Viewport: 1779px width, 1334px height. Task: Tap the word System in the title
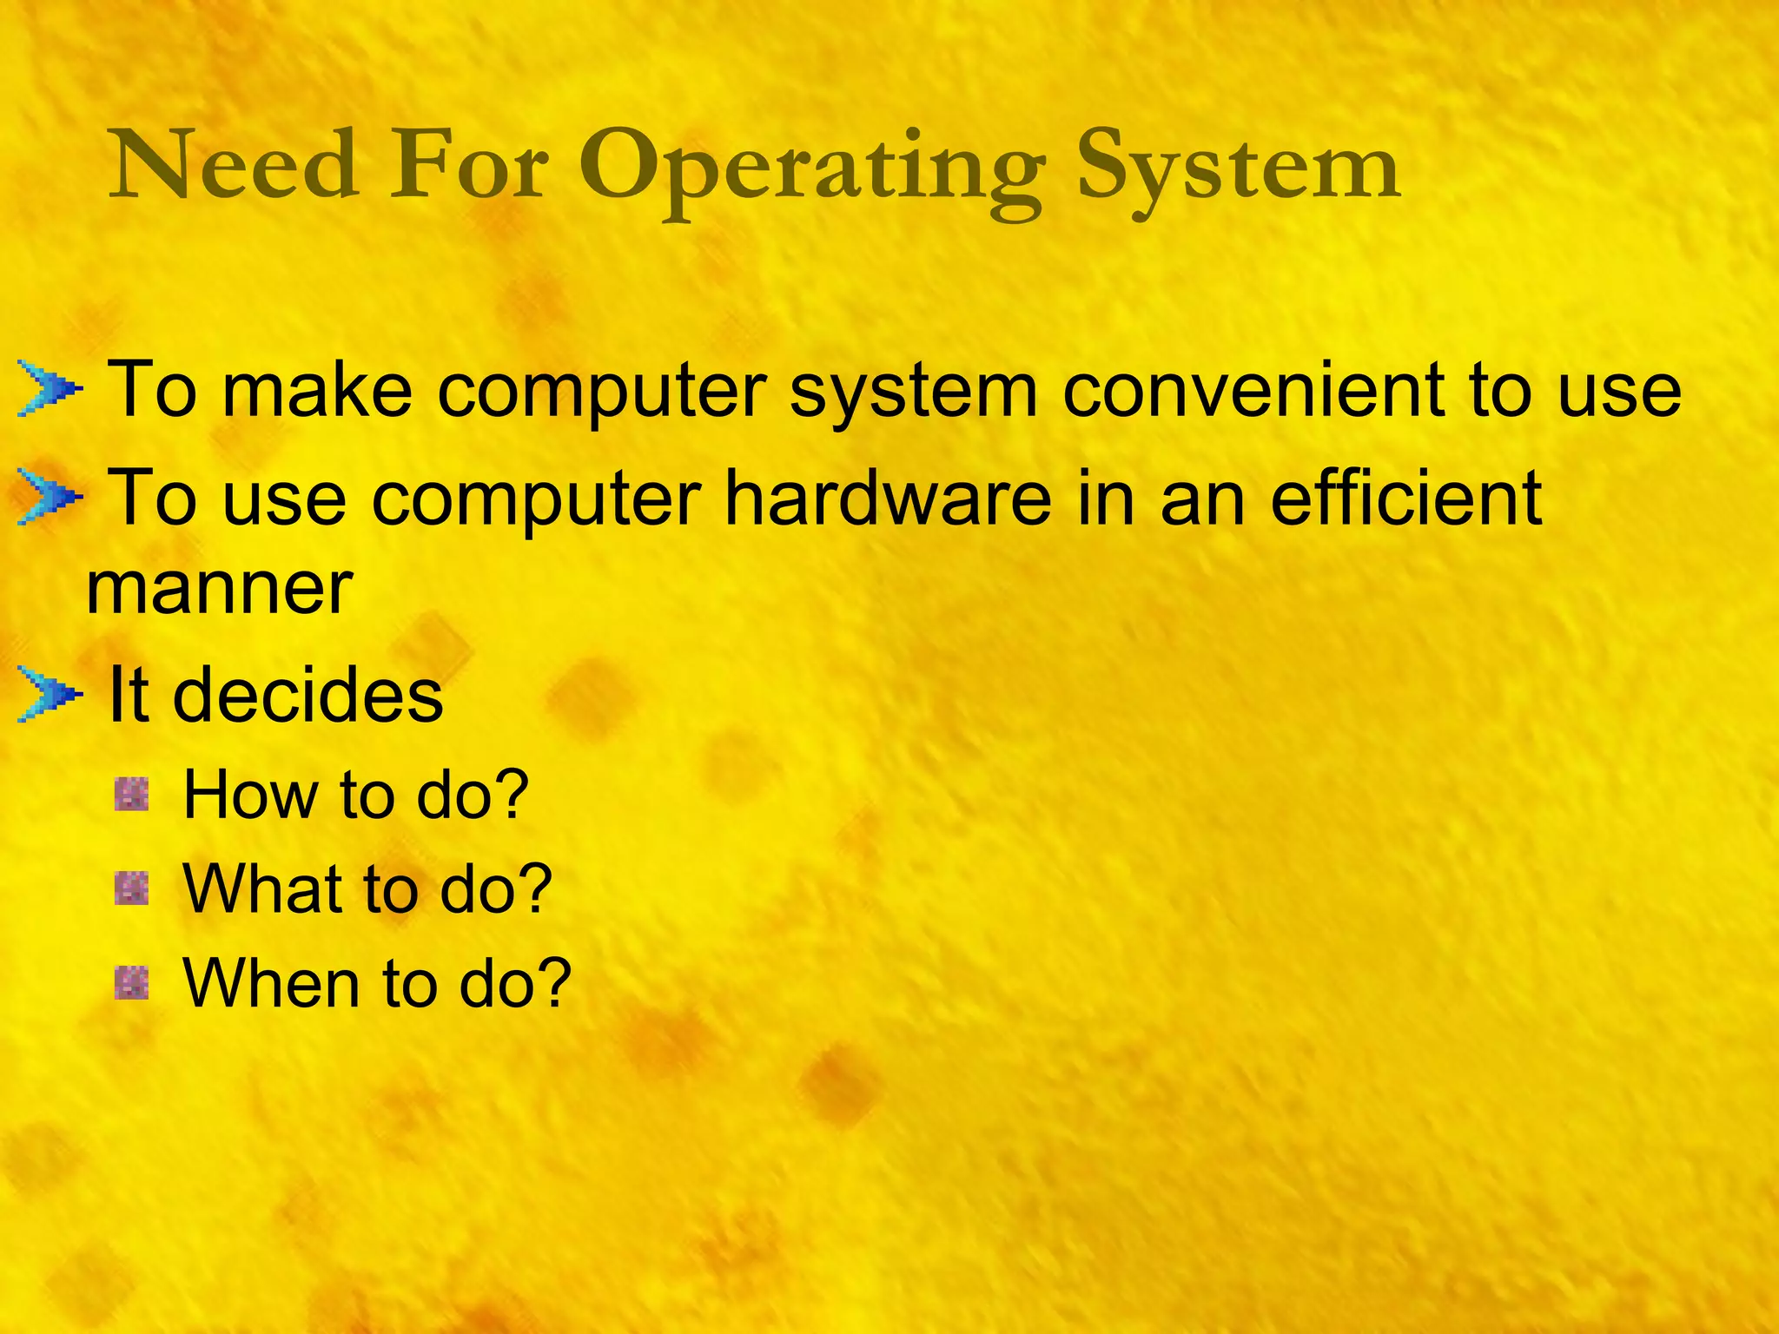tap(1238, 169)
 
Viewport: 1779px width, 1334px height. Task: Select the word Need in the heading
tap(233, 165)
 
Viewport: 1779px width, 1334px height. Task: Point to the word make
tap(317, 391)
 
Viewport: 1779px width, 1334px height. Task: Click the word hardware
tap(887, 499)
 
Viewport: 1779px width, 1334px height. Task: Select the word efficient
tap(1406, 499)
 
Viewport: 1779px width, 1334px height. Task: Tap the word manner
tap(220, 589)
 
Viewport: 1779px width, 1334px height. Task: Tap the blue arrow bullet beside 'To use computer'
tap(50, 499)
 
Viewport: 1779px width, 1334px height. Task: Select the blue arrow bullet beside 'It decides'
tap(50, 696)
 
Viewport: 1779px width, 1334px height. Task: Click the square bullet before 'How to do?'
tap(132, 795)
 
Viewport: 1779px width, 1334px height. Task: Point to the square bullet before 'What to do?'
tap(132, 888)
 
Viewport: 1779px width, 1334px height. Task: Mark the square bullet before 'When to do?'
tap(132, 982)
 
